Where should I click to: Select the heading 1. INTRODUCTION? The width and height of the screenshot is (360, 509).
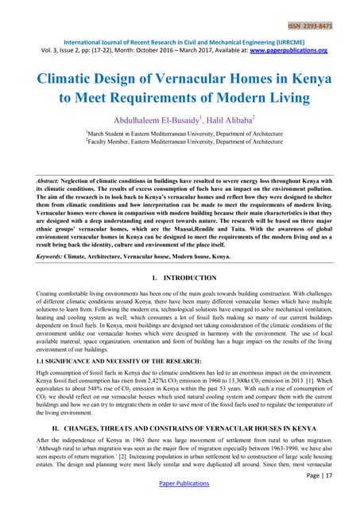tap(180, 278)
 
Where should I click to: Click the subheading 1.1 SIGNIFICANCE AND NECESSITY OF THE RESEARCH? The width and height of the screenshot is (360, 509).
tap(116, 363)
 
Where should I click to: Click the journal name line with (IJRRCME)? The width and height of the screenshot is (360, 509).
tap(180, 40)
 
